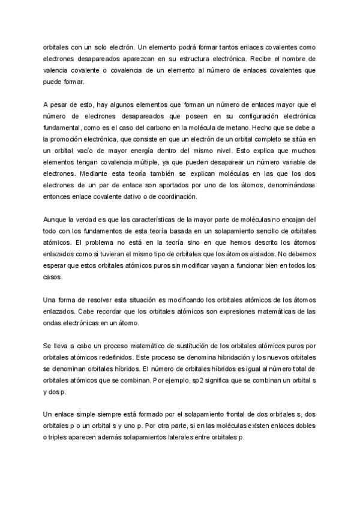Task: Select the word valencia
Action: [x=56, y=70]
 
